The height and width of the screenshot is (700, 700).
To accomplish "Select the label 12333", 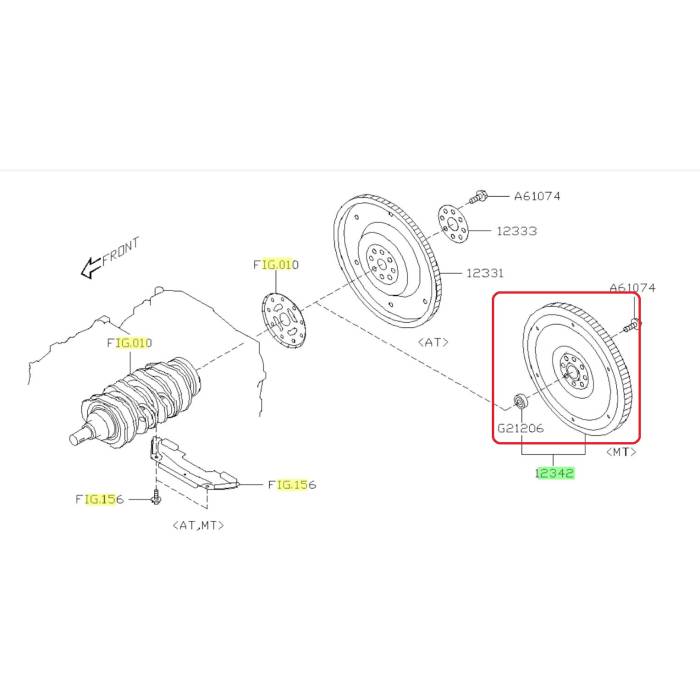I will (516, 231).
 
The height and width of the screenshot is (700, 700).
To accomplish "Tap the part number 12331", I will (484, 272).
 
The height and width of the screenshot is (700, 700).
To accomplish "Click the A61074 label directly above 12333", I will (537, 196).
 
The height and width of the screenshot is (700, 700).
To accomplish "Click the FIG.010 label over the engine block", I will (129, 343).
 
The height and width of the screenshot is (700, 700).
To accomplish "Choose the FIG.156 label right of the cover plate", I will (291, 484).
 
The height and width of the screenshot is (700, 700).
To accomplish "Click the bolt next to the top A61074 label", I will (479, 196).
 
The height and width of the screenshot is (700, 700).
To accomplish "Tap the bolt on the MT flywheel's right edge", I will (632, 324).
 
